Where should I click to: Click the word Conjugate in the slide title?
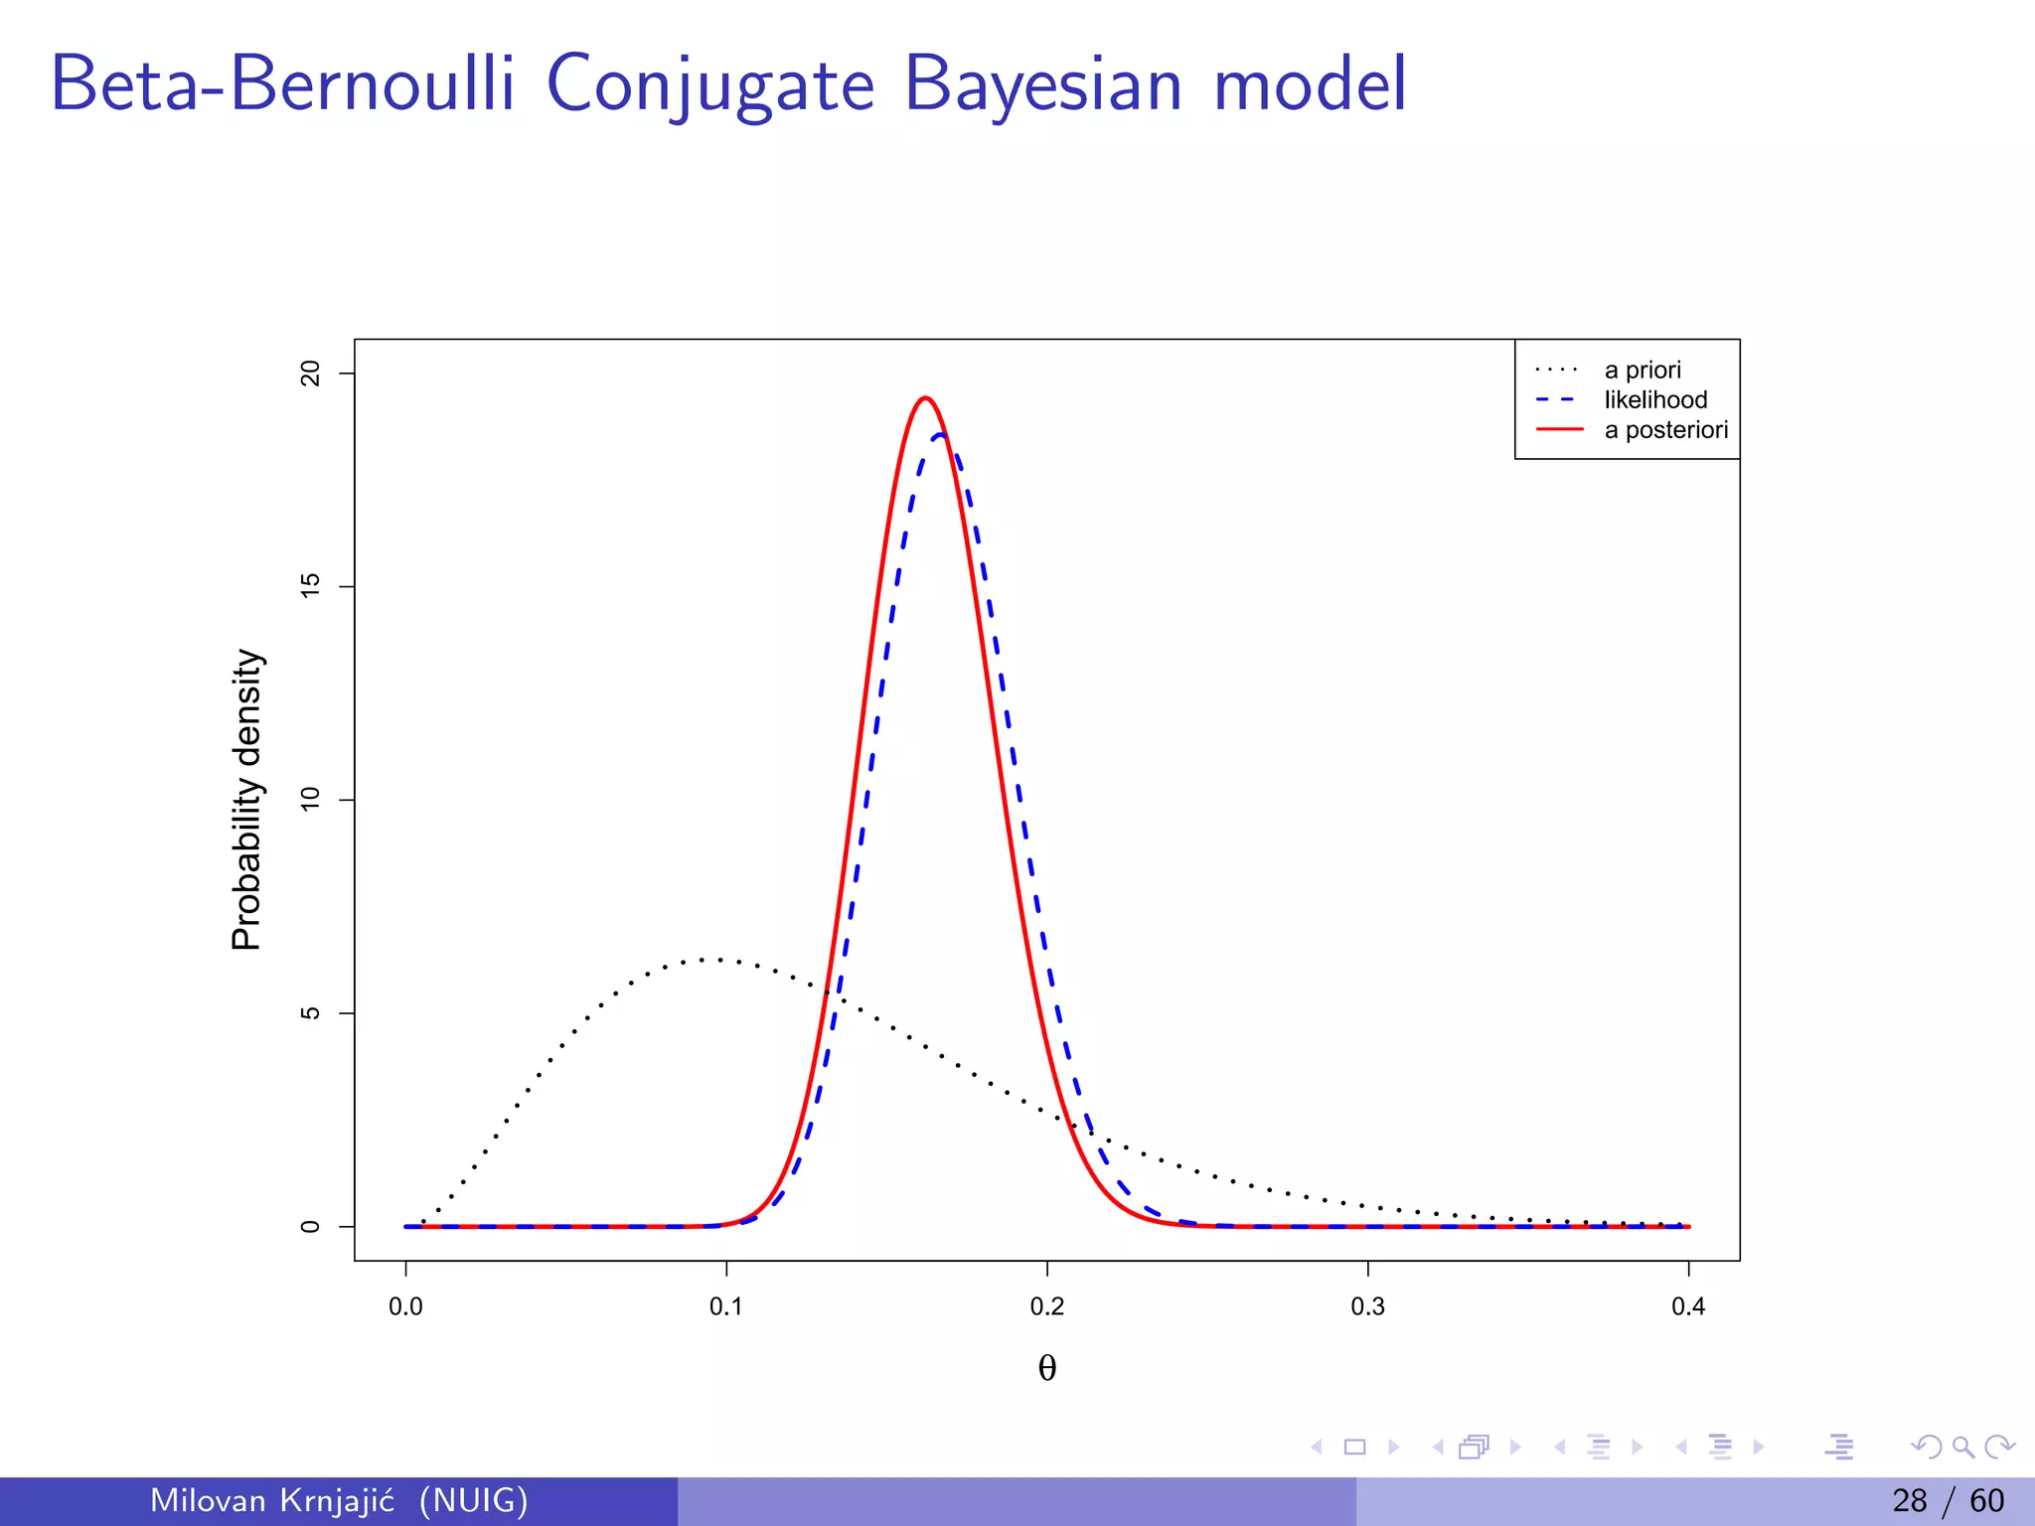coord(709,85)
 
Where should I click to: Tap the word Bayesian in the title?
coord(1043,85)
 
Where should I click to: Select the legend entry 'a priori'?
coord(1642,370)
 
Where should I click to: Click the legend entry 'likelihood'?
coord(1654,399)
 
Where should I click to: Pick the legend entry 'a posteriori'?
coord(1665,430)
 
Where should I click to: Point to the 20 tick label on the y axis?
coord(311,374)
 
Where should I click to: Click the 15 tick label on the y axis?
coord(311,586)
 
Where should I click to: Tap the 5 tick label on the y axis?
coord(311,1012)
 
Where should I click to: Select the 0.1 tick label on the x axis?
coord(725,1306)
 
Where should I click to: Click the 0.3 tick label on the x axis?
coord(1367,1306)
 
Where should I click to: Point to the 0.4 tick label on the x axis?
coord(1687,1306)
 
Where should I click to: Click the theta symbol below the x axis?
coord(1046,1368)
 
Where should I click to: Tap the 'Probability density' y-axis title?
coord(246,800)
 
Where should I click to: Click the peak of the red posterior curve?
coord(925,398)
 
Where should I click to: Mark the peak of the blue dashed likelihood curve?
coord(940,434)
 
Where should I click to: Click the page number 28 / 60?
coord(1948,1500)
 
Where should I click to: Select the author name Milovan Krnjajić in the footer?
coord(271,1500)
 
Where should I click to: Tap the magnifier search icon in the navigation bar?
coord(1962,1447)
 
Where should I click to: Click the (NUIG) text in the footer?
coord(473,1500)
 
